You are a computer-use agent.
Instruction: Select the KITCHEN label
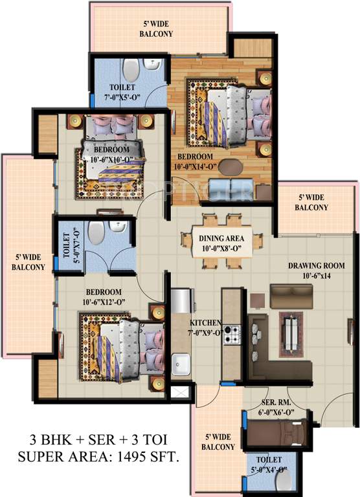[x=206, y=322]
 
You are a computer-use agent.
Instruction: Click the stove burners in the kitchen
[x=232, y=335]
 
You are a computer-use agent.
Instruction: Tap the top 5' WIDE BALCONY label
[x=158, y=30]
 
